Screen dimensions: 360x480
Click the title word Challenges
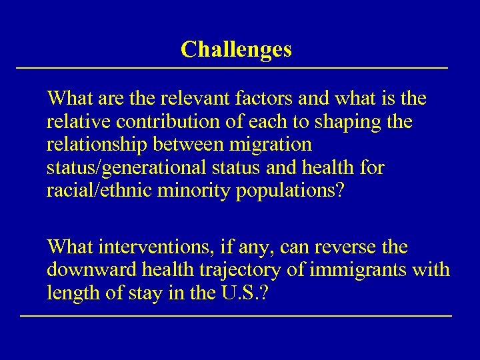(x=236, y=49)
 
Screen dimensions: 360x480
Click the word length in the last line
(x=71, y=293)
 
